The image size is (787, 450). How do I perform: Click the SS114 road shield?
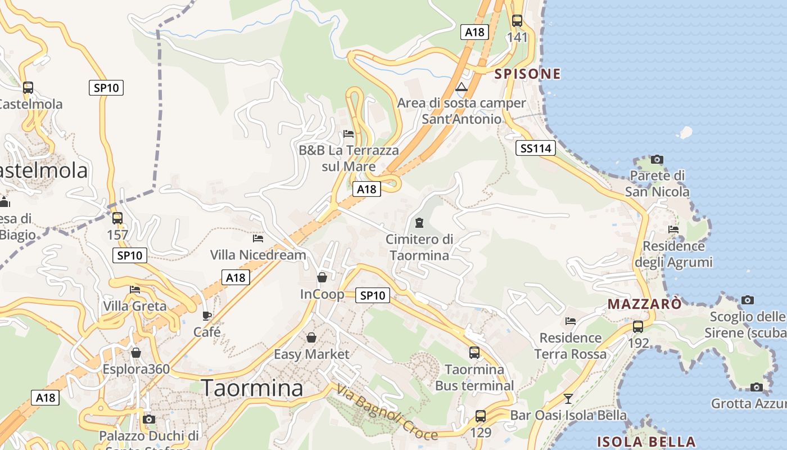[535, 148]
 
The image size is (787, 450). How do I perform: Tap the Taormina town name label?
[252, 388]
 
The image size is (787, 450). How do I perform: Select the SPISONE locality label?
[527, 74]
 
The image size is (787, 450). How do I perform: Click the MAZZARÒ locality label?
[644, 304]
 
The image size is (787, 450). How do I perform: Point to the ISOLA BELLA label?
[646, 441]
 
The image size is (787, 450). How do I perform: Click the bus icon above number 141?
[517, 21]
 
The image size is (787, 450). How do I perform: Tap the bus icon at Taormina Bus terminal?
[474, 353]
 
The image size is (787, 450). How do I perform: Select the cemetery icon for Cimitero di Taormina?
[419, 223]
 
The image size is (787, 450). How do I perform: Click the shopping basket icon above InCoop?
[322, 277]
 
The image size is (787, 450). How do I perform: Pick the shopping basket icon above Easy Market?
[311, 337]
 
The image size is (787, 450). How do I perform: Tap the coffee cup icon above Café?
[207, 316]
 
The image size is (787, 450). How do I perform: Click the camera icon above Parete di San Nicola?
[657, 160]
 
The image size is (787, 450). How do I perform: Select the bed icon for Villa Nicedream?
[258, 238]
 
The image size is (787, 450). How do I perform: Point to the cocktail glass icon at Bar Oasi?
[568, 399]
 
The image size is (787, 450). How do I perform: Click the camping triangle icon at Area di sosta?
[462, 87]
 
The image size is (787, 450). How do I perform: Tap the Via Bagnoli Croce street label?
[387, 412]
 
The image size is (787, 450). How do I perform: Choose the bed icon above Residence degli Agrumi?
[673, 229]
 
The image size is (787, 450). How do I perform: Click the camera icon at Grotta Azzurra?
[756, 387]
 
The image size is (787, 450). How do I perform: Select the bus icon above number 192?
[638, 327]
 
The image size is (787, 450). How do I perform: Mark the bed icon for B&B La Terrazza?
[349, 134]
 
